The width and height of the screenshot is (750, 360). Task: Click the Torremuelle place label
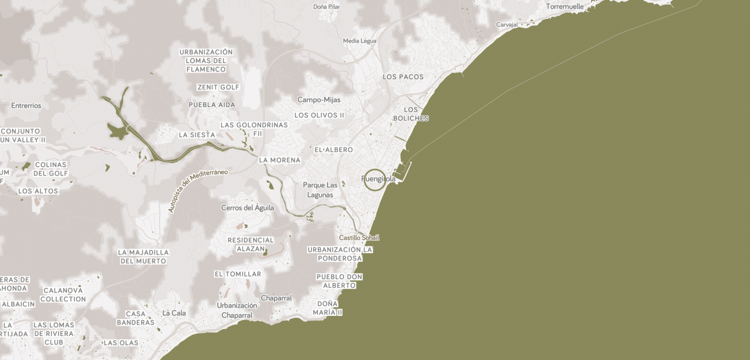(565, 7)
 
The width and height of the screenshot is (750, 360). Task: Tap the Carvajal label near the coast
(507, 25)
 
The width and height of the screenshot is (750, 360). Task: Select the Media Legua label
(360, 41)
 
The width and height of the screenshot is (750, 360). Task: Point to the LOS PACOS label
(403, 77)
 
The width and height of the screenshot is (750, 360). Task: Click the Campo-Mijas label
(319, 100)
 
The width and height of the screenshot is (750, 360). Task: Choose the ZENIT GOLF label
(218, 87)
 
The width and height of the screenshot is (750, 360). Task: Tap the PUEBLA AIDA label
(212, 105)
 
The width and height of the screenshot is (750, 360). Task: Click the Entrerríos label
(26, 105)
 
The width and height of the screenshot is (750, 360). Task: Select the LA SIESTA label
(197, 135)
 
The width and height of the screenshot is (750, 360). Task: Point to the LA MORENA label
(279, 160)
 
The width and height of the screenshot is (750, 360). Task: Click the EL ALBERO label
(334, 150)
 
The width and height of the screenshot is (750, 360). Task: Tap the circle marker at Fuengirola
(375, 180)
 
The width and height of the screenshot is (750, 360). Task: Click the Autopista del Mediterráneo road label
(198, 191)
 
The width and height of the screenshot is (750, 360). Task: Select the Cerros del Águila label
(247, 208)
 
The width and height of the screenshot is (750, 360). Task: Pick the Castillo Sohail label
(359, 238)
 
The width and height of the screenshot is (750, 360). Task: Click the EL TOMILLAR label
(238, 274)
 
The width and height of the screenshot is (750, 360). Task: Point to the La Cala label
(174, 313)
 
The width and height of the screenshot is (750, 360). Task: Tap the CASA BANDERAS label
(136, 318)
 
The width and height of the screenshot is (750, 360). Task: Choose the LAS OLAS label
(121, 343)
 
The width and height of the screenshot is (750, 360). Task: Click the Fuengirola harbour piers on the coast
(403, 170)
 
